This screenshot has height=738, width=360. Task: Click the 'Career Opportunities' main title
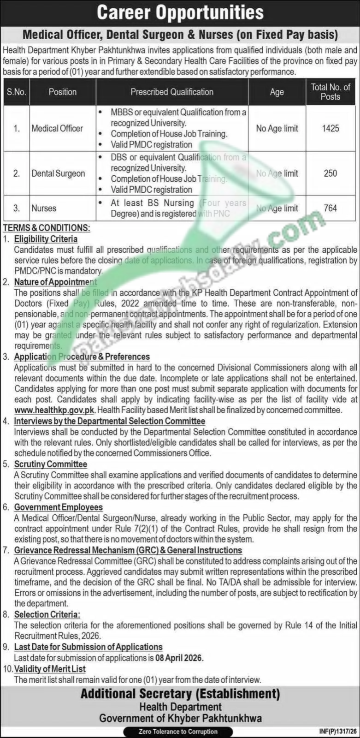click(180, 13)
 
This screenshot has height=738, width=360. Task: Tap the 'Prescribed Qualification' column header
click(171, 92)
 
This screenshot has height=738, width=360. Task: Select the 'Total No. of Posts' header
click(330, 92)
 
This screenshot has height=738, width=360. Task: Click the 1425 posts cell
click(330, 128)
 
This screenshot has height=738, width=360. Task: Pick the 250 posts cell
click(330, 173)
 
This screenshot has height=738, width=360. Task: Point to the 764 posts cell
click(330, 208)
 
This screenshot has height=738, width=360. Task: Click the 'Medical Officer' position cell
click(57, 128)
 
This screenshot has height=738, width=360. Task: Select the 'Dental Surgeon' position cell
click(58, 173)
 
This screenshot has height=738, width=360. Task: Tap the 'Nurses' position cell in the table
click(44, 208)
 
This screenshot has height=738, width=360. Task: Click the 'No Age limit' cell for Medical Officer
click(277, 128)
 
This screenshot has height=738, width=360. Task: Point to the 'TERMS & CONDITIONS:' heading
click(47, 228)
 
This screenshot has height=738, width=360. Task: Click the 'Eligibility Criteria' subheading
click(46, 239)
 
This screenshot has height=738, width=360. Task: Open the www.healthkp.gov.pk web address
click(55, 410)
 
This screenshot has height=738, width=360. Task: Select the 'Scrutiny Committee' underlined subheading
click(50, 464)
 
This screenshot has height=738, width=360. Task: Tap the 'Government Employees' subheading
click(58, 507)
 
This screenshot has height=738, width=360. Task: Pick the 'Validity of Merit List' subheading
click(50, 668)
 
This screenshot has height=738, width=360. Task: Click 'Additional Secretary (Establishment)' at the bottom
click(180, 693)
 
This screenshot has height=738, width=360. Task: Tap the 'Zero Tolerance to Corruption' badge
click(178, 732)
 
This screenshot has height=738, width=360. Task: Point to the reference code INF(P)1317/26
click(337, 732)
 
